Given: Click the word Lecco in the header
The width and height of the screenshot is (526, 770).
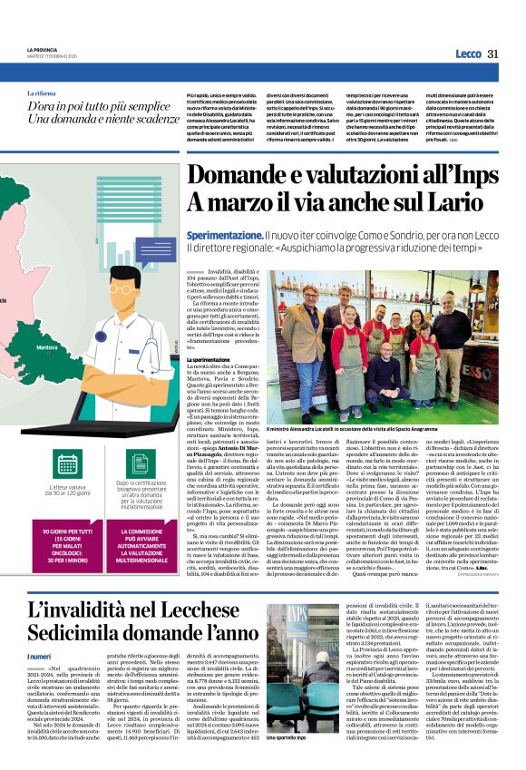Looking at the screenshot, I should [x=468, y=54].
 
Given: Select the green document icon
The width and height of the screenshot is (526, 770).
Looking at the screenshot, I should [x=141, y=463].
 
